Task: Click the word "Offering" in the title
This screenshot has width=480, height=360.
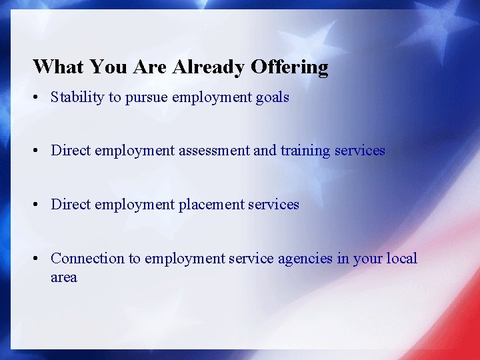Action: (289, 67)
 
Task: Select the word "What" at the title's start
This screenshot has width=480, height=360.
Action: (58, 67)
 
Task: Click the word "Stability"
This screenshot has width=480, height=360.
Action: (77, 97)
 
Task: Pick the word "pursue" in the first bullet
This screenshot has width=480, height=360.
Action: (146, 98)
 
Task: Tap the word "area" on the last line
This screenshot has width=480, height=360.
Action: (64, 277)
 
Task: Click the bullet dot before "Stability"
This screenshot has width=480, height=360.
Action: (37, 98)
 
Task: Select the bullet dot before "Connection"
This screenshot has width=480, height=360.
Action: (37, 259)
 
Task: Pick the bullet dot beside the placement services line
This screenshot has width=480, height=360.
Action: (37, 205)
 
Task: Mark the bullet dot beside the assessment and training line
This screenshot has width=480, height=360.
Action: (37, 151)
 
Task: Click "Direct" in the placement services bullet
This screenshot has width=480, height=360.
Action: (71, 204)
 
